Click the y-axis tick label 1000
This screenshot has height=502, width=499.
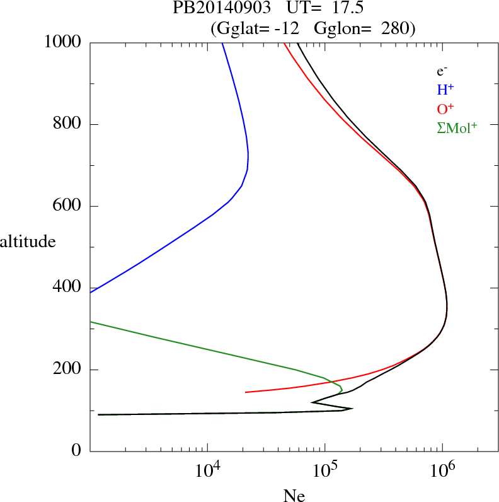coord(63,42)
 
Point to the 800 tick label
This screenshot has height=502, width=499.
coord(67,124)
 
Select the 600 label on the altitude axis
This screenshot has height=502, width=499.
coord(67,206)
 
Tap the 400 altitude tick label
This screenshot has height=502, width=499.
coord(67,288)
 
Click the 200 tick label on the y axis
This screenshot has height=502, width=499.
coord(67,370)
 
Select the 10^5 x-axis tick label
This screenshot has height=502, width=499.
coord(324,470)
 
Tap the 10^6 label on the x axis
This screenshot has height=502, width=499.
coord(442,470)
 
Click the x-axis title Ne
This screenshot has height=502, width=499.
coord(294,496)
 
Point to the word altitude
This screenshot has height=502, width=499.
coord(28,241)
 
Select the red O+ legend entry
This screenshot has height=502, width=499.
coord(445,108)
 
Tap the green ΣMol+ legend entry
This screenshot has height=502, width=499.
coord(457,127)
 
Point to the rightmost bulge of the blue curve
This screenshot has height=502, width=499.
coord(248,155)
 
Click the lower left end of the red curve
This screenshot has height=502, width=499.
coord(246,392)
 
